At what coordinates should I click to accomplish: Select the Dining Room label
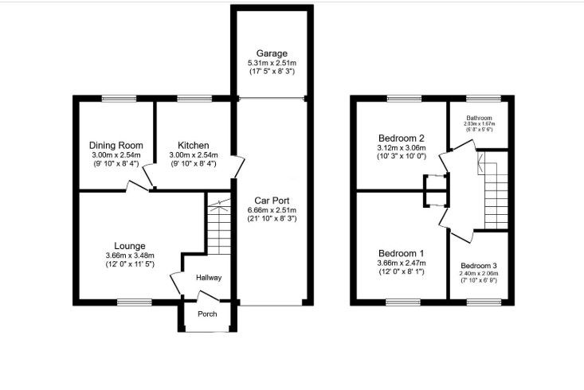(116, 145)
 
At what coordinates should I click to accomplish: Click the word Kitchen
(193, 145)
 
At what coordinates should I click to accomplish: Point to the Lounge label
(129, 245)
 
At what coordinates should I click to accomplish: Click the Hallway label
(209, 278)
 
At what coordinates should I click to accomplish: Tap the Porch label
(207, 314)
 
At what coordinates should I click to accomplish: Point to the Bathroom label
(480, 118)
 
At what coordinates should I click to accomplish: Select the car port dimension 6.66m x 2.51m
(271, 209)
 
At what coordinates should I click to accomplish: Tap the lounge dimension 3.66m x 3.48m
(129, 255)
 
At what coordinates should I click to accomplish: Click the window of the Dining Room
(115, 98)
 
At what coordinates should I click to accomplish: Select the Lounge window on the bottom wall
(133, 302)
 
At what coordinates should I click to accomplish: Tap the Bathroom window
(488, 98)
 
